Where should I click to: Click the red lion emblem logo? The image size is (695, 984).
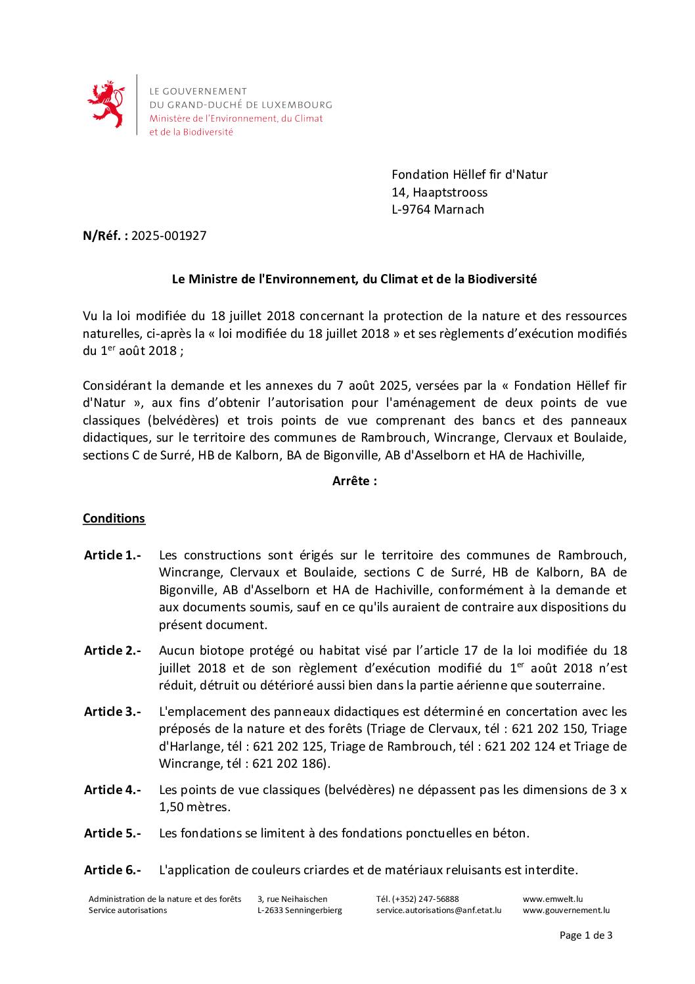(x=106, y=105)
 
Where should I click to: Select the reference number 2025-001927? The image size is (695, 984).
(x=169, y=236)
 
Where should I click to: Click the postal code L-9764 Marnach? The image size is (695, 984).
(x=437, y=210)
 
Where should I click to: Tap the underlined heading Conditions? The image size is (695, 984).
(x=114, y=519)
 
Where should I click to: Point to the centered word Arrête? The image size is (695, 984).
(x=355, y=481)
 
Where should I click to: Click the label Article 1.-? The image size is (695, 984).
(x=112, y=555)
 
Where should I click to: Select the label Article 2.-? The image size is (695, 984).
(x=112, y=651)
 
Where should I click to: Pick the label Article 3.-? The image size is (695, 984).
(x=112, y=712)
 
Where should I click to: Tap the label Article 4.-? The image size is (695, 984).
(x=112, y=790)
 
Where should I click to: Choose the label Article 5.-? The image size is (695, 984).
(x=112, y=833)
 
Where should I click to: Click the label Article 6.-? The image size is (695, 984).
(x=112, y=870)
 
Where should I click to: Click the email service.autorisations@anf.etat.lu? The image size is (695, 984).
(x=438, y=910)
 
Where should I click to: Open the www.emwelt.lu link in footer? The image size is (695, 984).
(x=552, y=899)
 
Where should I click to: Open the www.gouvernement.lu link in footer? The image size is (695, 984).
(x=566, y=910)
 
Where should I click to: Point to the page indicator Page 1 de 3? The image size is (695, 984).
(x=585, y=935)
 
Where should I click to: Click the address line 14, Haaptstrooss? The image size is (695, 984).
(x=439, y=193)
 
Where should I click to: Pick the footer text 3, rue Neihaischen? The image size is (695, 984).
(x=292, y=899)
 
